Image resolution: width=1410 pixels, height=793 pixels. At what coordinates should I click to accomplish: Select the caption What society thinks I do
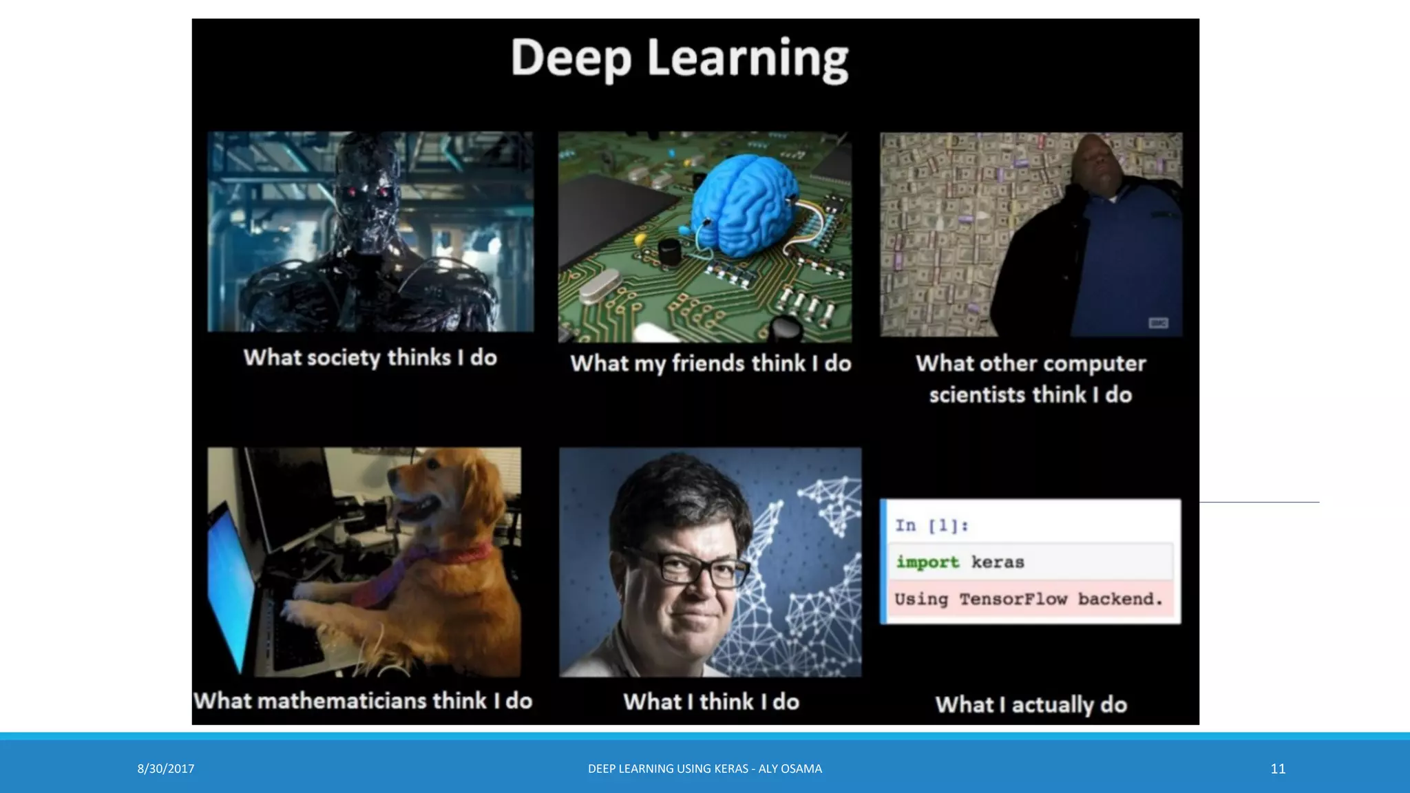click(370, 357)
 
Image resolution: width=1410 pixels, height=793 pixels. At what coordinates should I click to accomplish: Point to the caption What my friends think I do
click(711, 363)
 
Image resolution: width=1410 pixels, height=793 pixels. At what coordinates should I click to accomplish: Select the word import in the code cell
click(927, 562)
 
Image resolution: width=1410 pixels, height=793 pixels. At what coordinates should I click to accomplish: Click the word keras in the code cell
click(998, 562)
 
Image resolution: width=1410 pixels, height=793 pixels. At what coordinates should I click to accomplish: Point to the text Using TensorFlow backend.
click(1029, 599)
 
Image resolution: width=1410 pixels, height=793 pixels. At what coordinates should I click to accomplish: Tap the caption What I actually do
click(1031, 704)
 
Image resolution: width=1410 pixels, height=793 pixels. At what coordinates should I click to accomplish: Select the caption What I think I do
click(711, 701)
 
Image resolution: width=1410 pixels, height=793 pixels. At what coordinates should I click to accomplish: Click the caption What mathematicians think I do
click(363, 701)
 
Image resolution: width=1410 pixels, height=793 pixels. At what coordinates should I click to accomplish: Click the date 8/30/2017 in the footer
click(166, 768)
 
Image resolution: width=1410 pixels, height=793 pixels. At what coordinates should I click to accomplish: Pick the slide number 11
click(1278, 768)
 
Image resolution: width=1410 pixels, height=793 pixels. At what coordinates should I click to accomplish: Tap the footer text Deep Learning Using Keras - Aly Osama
click(704, 768)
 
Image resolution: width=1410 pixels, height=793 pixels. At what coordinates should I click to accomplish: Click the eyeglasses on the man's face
click(688, 569)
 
